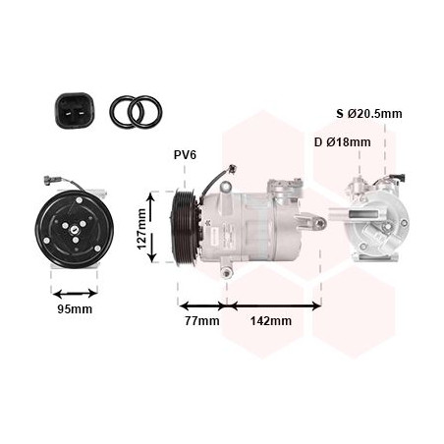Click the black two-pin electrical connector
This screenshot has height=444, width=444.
[x=75, y=111]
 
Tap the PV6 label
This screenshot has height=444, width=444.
[x=185, y=155]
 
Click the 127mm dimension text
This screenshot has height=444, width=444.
[x=141, y=229]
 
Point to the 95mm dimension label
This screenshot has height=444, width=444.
[x=75, y=309]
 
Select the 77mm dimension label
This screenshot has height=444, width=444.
[x=202, y=320]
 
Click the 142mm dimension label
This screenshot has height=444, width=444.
[x=271, y=321]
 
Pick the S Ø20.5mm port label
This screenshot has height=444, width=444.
[x=369, y=114]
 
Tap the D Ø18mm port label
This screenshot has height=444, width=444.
[x=343, y=142]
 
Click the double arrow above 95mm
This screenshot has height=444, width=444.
[x=75, y=294]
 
